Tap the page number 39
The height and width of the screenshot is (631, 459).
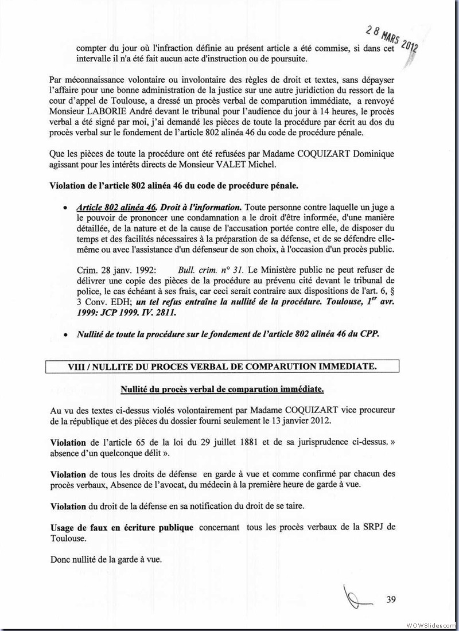point(392,600)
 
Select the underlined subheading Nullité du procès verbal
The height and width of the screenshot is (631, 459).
point(222,389)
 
